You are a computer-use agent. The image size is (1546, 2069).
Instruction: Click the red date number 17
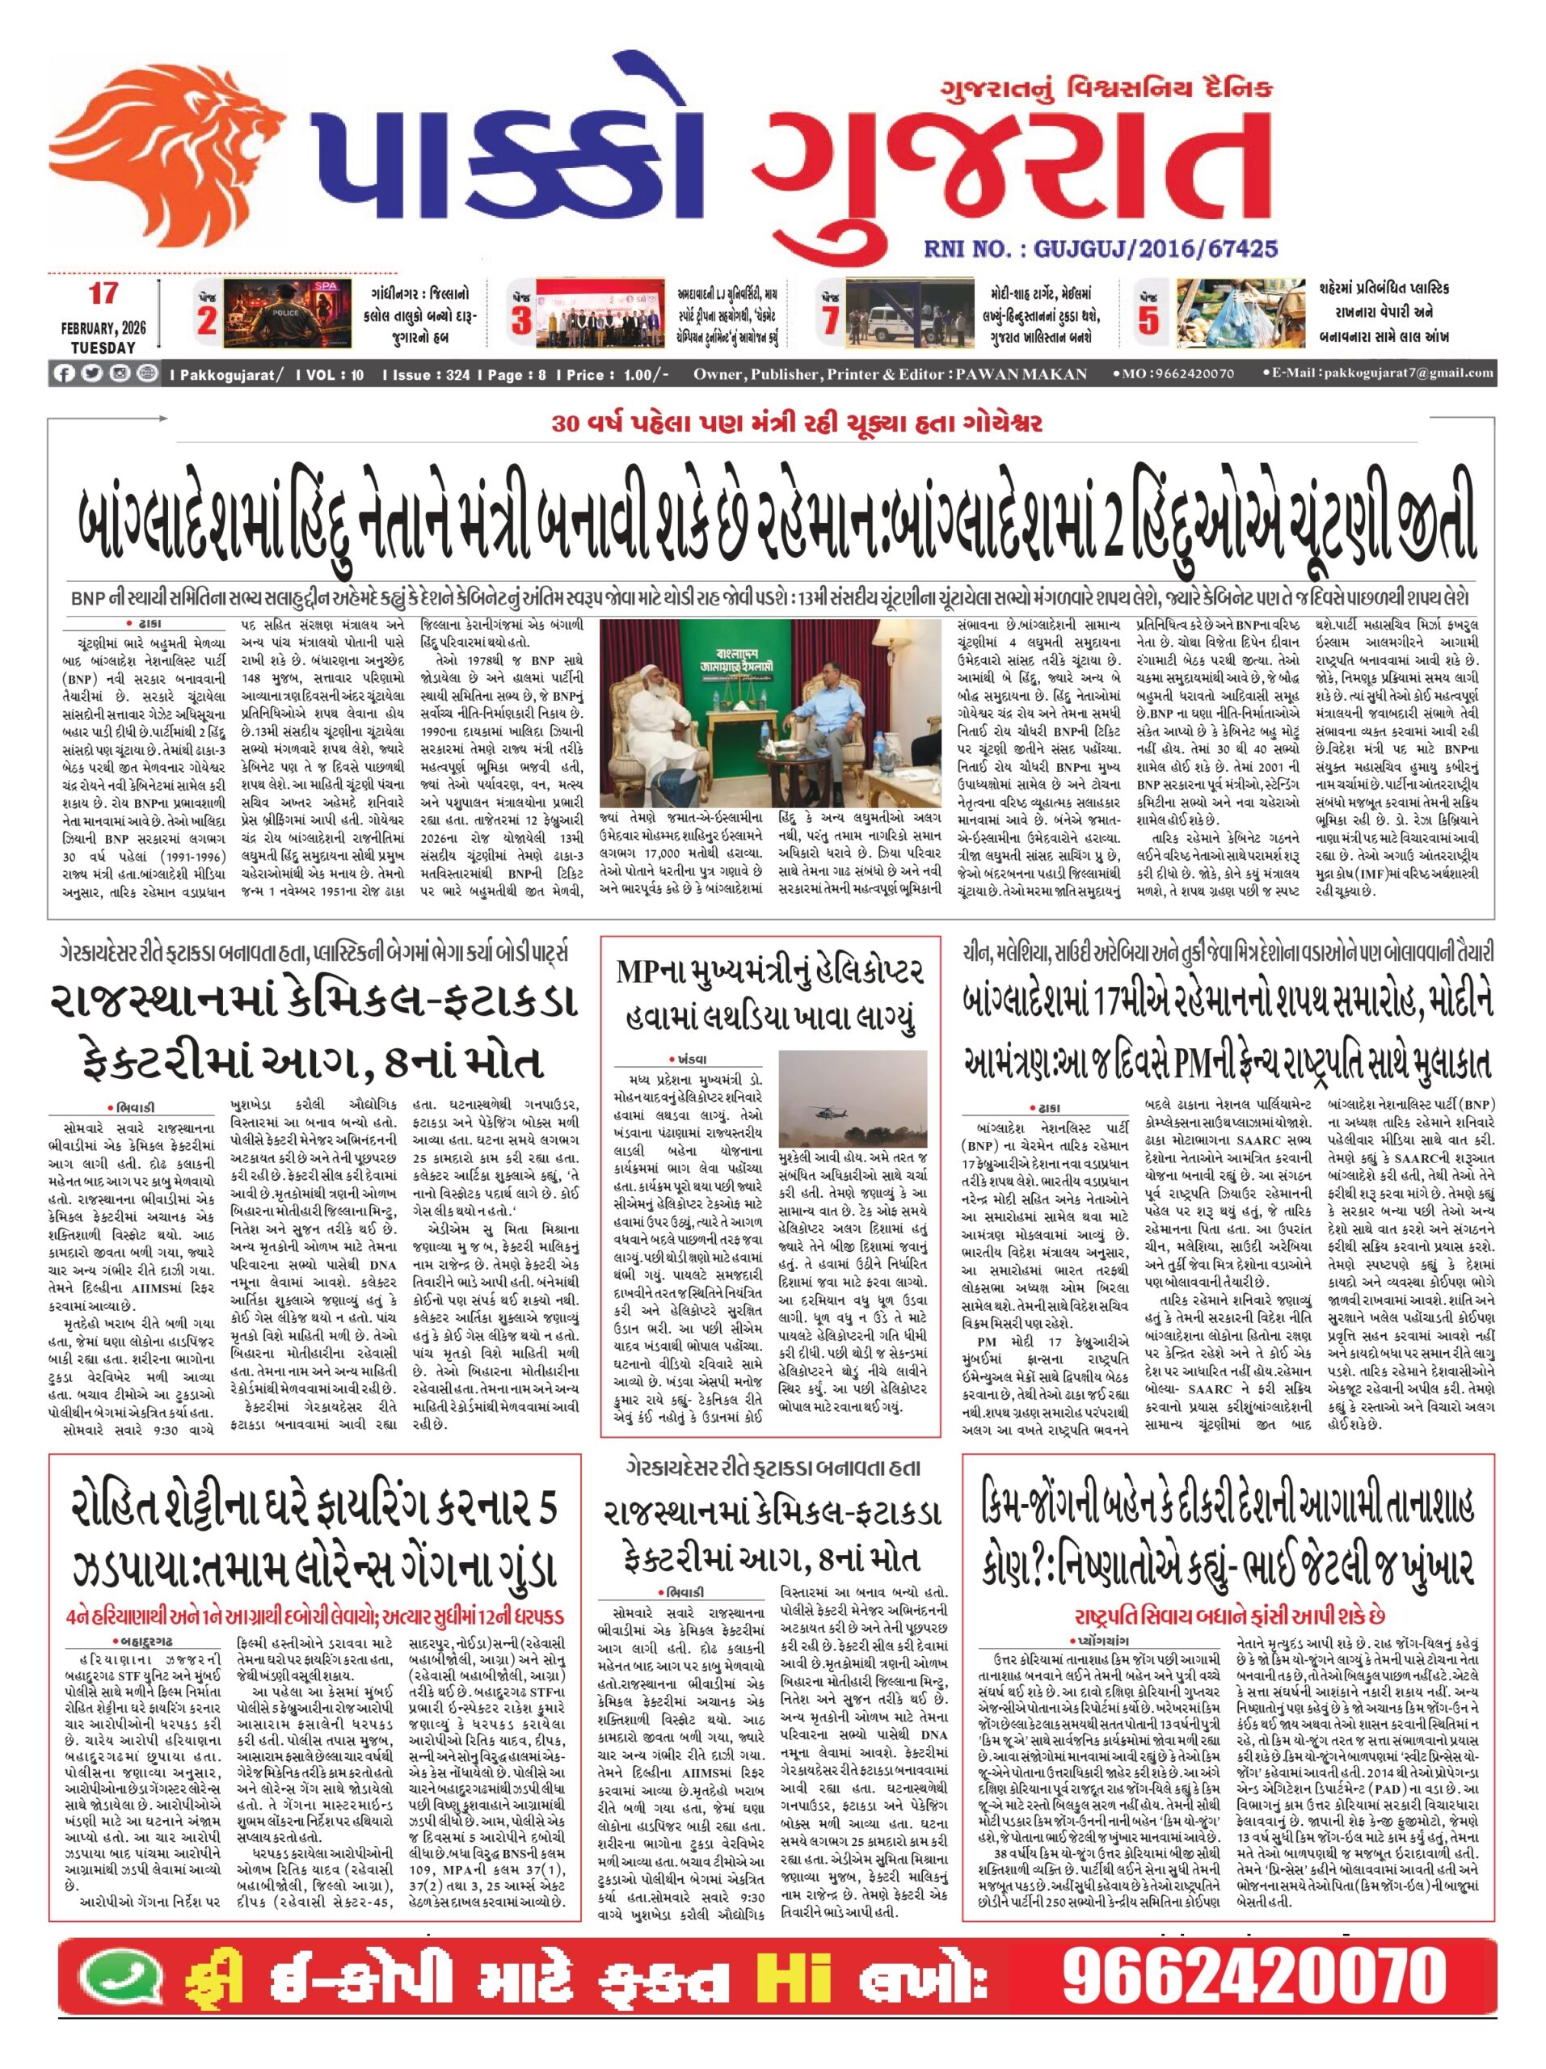coord(103,293)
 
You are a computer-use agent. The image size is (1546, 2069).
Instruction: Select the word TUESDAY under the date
coord(103,347)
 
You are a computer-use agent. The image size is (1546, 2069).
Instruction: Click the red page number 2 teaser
coord(207,321)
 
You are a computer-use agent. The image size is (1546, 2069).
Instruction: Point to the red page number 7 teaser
coord(828,321)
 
